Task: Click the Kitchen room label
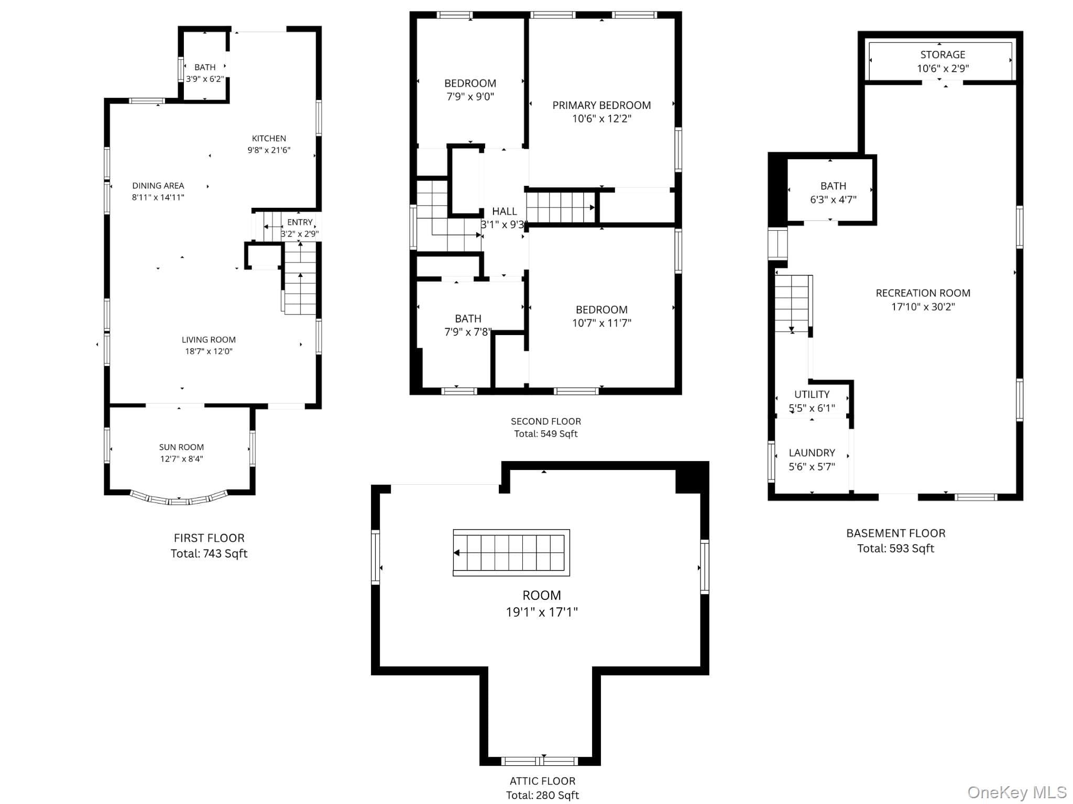[269, 138]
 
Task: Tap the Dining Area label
[158, 185]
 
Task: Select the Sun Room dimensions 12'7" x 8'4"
[181, 459]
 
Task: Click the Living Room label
[209, 340]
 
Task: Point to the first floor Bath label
[205, 67]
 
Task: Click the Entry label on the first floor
[300, 222]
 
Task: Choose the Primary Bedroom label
[601, 105]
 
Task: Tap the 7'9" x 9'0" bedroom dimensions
[470, 97]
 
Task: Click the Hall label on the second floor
[505, 211]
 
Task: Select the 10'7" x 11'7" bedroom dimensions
[601, 323]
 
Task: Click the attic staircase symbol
[511, 553]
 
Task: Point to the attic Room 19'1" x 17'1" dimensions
[542, 612]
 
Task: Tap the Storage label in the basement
[943, 54]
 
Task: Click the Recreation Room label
[923, 293]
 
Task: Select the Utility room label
[812, 395]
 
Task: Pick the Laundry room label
[812, 453]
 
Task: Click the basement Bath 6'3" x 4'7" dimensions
[833, 199]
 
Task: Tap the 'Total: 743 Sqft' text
[209, 554]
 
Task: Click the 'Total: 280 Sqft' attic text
[542, 796]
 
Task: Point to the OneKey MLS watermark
[1016, 792]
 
